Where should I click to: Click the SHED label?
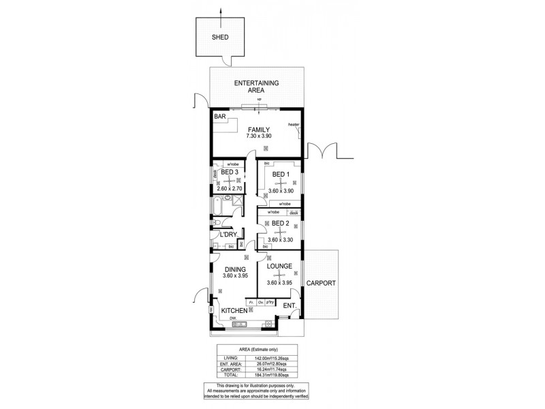[x=220, y=38]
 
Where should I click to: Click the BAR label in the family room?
[x=220, y=117]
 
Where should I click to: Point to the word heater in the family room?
[x=294, y=125]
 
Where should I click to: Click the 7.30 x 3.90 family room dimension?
[x=258, y=136]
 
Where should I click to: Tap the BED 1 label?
[x=281, y=175]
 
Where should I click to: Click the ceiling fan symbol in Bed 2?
[x=279, y=230]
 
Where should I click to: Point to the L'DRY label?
[x=227, y=234]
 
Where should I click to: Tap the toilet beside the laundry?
[x=215, y=222]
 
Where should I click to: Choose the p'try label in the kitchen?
[x=270, y=301]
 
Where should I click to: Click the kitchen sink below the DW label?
[x=238, y=324]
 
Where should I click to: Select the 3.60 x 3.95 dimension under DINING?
[x=234, y=275]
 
